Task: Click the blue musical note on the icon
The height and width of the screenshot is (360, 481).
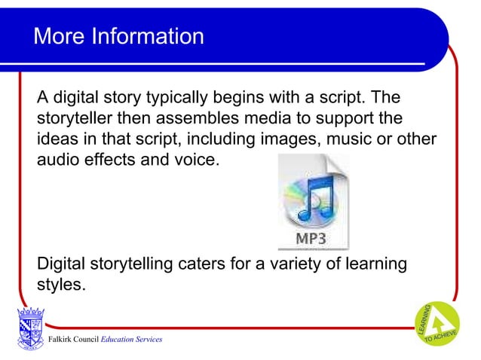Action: [x=315, y=197]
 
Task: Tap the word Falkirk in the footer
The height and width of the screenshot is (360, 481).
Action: [x=62, y=340]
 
